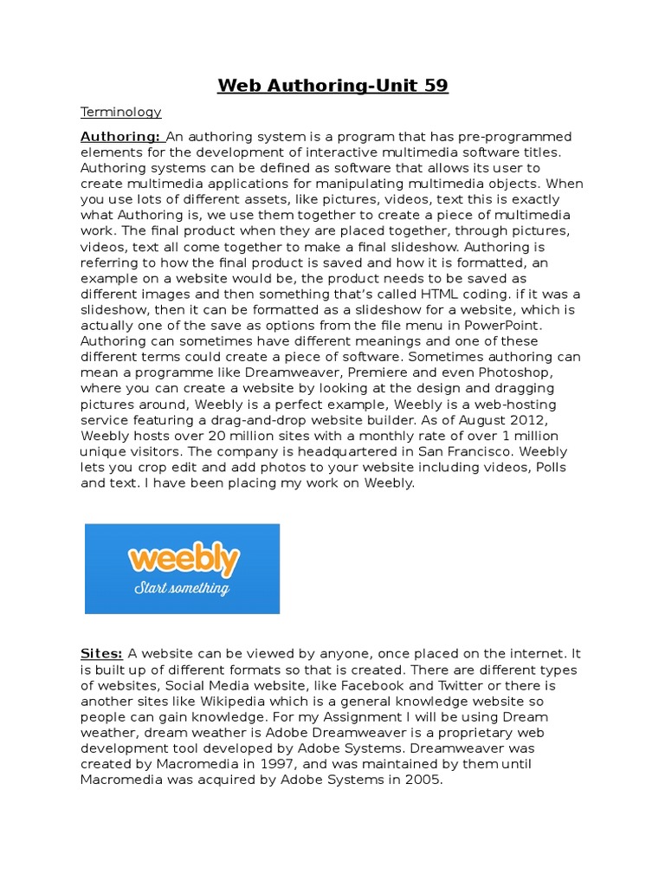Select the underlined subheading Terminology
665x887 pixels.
tap(121, 112)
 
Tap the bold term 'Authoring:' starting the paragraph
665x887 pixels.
tap(120, 136)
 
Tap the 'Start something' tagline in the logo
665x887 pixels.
tap(182, 589)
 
